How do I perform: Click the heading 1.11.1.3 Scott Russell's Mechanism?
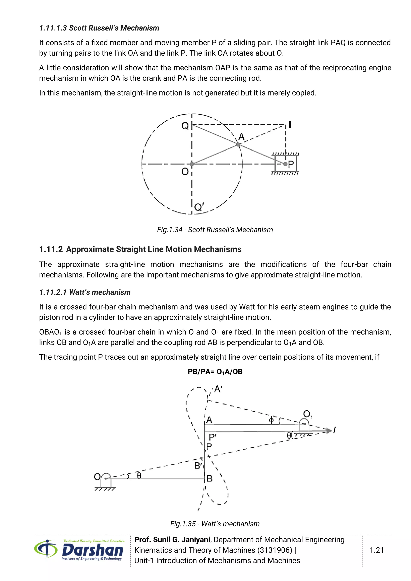(99, 28)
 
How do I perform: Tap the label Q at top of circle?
(185, 126)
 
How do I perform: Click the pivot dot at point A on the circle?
(238, 144)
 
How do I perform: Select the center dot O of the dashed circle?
(192, 164)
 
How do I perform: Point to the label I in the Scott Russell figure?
(290, 125)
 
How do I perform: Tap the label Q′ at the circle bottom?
(199, 207)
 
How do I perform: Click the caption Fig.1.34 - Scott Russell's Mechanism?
(215, 230)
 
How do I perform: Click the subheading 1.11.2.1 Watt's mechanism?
(85, 292)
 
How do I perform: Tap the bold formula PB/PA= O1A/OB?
(215, 372)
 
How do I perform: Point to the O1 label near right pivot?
(307, 414)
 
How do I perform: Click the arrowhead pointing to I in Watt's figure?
(329, 431)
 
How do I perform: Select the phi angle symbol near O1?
(271, 420)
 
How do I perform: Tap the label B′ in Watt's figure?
(198, 466)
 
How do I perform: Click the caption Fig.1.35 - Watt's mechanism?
(215, 524)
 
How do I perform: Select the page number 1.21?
(376, 550)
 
